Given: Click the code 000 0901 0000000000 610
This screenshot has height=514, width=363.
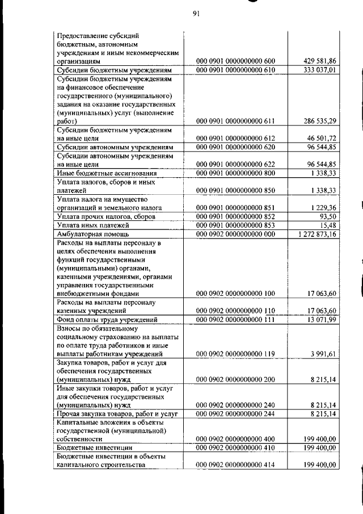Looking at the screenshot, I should [235, 70].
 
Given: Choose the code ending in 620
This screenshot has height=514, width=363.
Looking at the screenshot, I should [235, 147].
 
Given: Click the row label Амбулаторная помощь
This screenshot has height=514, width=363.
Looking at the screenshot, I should [93, 233].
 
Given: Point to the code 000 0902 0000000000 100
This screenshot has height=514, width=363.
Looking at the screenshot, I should [235, 294].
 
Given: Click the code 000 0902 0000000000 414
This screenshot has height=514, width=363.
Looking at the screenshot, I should [235, 465].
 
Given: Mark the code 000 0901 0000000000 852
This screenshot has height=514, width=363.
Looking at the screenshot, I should [235, 216].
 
